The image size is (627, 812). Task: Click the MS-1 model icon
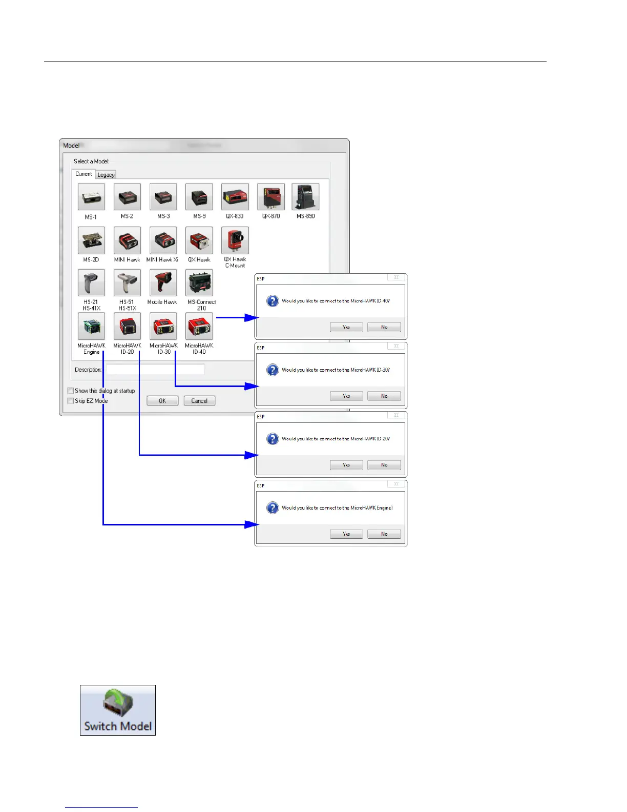coord(91,197)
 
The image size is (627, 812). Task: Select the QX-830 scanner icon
coord(235,197)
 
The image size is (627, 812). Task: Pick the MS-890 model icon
coord(305,197)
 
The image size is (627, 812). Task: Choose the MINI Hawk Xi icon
coord(163,240)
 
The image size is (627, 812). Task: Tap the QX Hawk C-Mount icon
coord(235,240)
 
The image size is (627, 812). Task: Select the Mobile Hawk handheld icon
coord(163,283)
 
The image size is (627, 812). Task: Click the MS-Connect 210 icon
coord(199,283)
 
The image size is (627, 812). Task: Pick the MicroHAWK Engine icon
coord(91,327)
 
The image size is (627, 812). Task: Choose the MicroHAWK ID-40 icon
coord(199,327)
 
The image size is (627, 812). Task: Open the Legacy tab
coord(106,175)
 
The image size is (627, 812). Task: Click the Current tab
coord(83,174)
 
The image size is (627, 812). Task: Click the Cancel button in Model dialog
coord(199,401)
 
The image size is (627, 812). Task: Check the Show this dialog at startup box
coord(71,391)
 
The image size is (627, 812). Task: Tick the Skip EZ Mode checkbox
coord(71,401)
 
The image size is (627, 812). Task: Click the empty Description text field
coord(155,369)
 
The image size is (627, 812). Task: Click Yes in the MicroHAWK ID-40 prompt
coord(346,327)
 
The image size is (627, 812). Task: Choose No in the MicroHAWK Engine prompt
coord(384,534)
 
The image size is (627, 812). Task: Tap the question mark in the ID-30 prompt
coord(273,370)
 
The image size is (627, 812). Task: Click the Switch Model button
coord(118,710)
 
